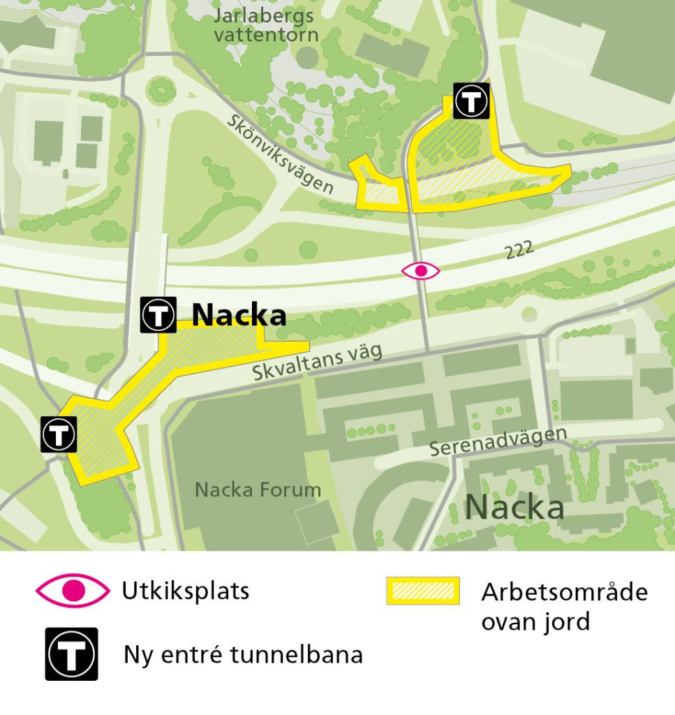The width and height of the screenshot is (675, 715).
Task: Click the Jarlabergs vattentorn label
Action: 265,25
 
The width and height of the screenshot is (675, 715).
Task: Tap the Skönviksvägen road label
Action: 280,153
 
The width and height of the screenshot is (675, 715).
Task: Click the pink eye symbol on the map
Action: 420,271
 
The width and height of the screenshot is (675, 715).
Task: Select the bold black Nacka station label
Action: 239,315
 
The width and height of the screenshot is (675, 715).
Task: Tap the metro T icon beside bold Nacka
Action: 158,315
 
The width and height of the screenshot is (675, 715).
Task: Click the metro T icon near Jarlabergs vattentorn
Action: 471,101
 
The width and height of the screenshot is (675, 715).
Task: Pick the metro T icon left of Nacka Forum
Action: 59,434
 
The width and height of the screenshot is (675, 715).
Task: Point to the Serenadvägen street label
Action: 498,441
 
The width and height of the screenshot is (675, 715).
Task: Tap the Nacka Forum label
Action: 258,489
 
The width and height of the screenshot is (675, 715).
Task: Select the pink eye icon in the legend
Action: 73,591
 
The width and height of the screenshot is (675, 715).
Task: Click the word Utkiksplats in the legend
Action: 185,591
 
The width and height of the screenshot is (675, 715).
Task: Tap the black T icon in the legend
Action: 72,654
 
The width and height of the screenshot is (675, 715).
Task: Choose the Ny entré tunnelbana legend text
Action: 243,655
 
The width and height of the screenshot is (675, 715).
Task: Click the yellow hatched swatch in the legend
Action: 423,591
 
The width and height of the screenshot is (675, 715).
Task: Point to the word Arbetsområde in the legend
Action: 564,592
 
